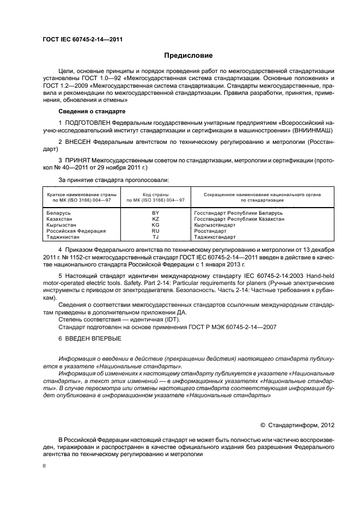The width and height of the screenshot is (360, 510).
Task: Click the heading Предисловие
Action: pyautogui.click(x=188, y=56)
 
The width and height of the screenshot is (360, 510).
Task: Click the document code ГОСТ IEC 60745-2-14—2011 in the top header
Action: pyautogui.click(x=82, y=40)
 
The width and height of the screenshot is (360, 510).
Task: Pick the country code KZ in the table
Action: pyautogui.click(x=155, y=218)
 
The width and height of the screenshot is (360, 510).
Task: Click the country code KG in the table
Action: pyautogui.click(x=155, y=224)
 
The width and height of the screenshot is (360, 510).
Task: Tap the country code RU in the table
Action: pyautogui.click(x=155, y=231)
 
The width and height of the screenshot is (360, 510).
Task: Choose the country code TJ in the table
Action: pyautogui.click(x=155, y=238)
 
